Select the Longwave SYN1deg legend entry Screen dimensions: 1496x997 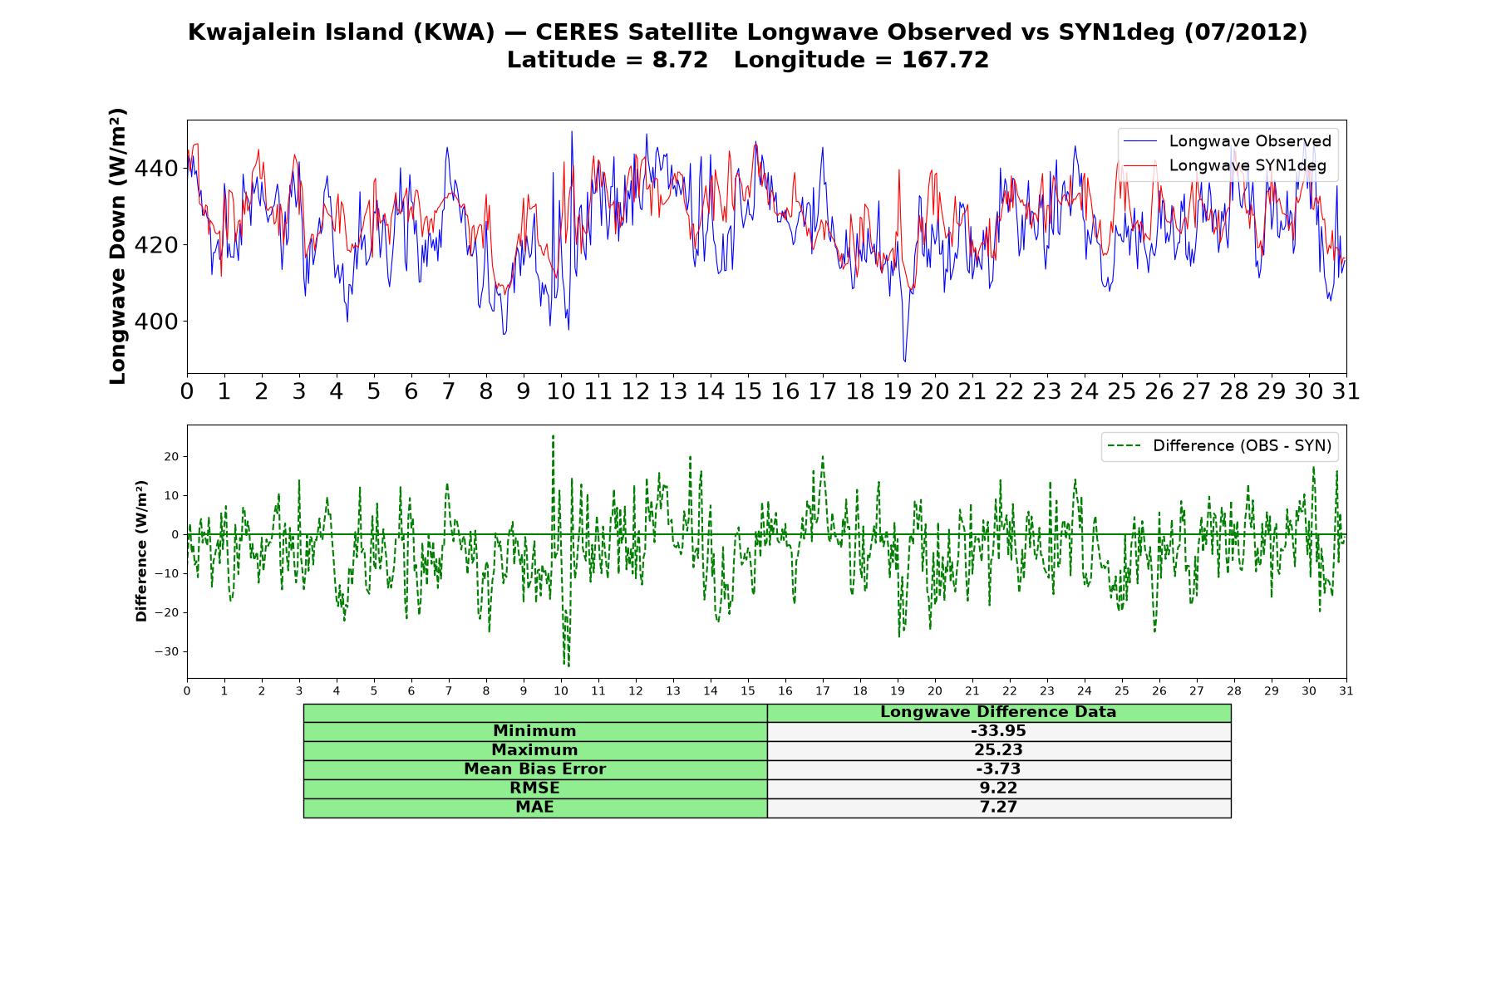[x=1224, y=165]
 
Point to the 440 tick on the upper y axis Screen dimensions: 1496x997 [x=156, y=169]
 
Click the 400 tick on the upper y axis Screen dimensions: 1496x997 [x=156, y=322]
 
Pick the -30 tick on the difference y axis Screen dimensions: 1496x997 [x=166, y=651]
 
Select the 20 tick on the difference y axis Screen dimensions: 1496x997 [x=171, y=457]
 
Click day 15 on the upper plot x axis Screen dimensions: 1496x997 [x=748, y=391]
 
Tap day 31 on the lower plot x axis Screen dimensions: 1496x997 [x=1346, y=690]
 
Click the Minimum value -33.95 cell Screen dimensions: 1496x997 [x=998, y=731]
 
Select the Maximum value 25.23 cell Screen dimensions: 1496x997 [x=998, y=750]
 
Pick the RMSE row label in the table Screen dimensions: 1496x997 [x=535, y=788]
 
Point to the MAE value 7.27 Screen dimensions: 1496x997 [x=998, y=808]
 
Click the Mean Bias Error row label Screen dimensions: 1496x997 [x=535, y=769]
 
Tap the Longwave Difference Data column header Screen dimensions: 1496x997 [x=998, y=712]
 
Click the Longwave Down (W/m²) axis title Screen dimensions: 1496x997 [x=118, y=246]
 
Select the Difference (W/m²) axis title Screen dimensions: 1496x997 [x=141, y=551]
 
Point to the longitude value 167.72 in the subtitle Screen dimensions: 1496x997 [x=945, y=60]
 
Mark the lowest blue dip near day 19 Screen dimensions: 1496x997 [x=905, y=361]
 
